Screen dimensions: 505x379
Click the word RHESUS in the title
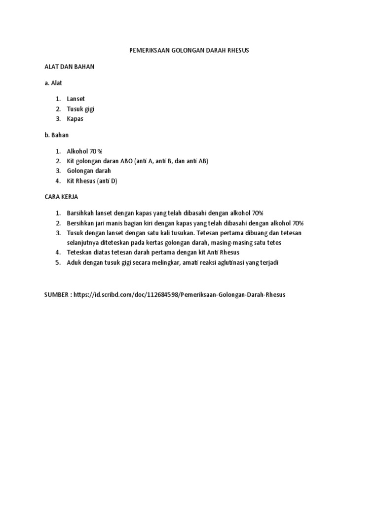237,51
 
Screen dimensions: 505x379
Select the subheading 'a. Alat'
53,83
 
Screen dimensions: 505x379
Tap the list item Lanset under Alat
76,99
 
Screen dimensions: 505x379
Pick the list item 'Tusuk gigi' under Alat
80,109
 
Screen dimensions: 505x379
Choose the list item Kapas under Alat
75,119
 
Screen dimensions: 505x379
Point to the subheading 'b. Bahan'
56,135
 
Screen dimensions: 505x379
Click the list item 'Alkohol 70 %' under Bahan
84,151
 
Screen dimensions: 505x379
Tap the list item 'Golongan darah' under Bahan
89,171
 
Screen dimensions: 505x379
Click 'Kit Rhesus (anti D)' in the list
92,181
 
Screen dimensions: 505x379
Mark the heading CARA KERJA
61,197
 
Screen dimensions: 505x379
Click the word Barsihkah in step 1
81,213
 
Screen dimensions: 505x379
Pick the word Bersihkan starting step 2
82,223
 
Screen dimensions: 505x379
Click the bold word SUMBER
57,294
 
